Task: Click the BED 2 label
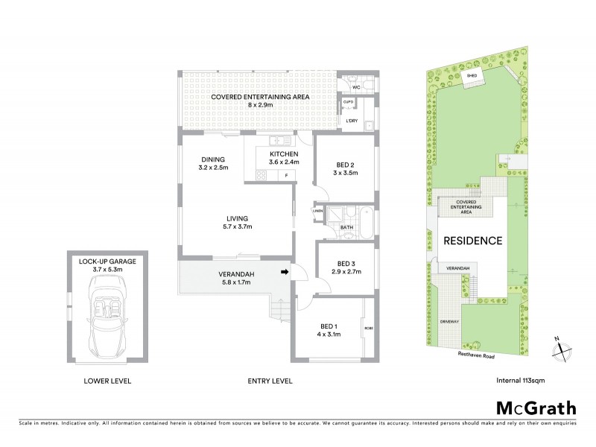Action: (346, 164)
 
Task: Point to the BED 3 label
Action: (346, 263)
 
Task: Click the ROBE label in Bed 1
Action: (367, 328)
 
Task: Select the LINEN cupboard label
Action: (318, 211)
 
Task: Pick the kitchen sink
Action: (276, 139)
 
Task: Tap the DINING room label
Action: (213, 159)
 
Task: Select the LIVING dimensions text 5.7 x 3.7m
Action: (237, 226)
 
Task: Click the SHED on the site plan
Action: (472, 77)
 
